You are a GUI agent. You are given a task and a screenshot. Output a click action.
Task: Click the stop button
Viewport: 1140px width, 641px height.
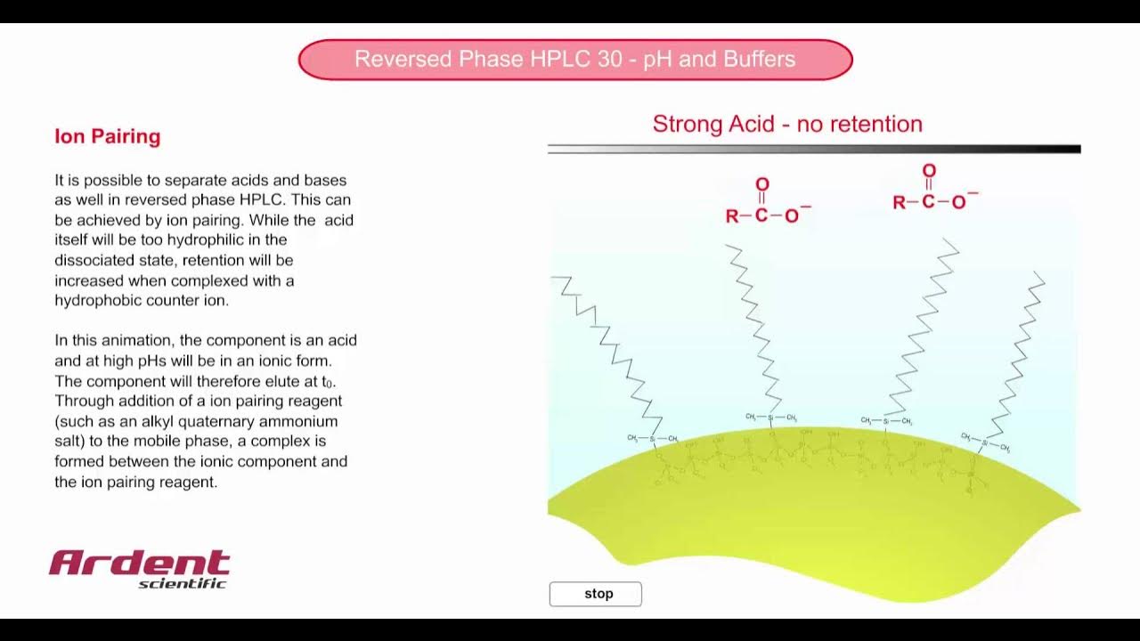pos(595,594)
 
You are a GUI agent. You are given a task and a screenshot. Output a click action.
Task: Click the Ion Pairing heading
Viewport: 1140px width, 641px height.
pos(108,136)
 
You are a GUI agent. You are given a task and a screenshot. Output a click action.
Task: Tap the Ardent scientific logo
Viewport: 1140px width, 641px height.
pos(140,568)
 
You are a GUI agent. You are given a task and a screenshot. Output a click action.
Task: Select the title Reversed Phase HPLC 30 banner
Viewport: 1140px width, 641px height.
pos(575,60)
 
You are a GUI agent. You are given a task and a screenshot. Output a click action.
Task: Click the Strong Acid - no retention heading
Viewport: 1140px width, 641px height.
pos(787,124)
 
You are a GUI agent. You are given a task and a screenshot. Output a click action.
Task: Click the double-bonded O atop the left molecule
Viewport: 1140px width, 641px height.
pos(761,184)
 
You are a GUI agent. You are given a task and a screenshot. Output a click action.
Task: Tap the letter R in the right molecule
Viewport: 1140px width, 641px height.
pos(900,203)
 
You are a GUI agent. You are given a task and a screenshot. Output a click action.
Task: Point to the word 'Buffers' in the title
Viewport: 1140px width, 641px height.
pos(759,60)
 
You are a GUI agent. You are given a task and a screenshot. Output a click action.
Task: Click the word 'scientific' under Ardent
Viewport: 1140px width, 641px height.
pos(183,584)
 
